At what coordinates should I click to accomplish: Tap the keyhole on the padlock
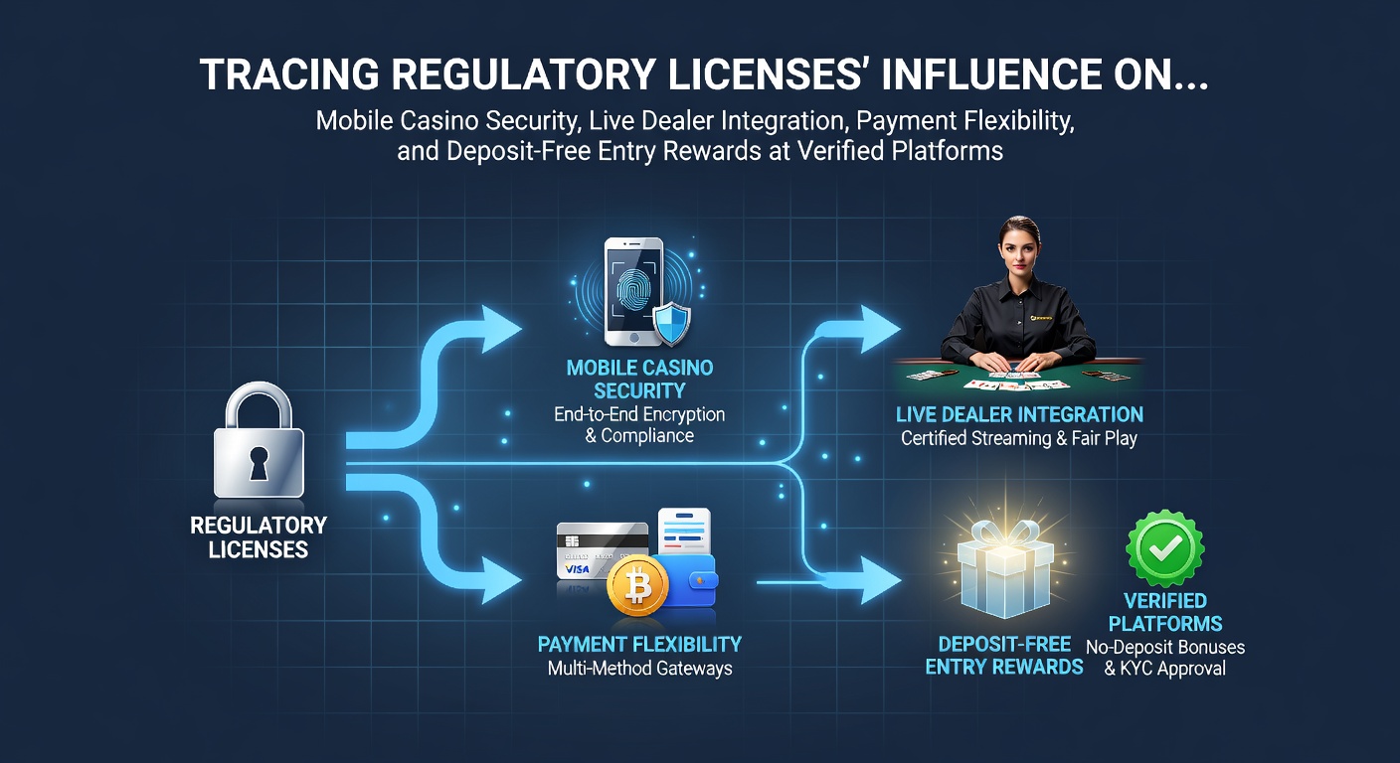(259, 463)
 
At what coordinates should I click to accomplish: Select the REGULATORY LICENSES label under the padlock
(259, 536)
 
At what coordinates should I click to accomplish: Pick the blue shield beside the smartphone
(672, 324)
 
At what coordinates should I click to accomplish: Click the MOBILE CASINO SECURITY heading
(639, 379)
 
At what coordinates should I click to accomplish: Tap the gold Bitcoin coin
(637, 586)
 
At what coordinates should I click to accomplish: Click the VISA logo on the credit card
(577, 569)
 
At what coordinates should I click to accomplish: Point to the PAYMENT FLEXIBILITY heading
(639, 644)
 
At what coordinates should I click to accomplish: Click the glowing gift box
(1004, 565)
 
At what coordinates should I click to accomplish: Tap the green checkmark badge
(1165, 549)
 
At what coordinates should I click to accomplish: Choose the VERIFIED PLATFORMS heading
(1165, 612)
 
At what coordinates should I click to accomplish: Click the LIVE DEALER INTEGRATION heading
(1019, 414)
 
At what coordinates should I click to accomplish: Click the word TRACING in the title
(288, 75)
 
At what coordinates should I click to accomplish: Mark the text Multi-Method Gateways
(639, 669)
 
